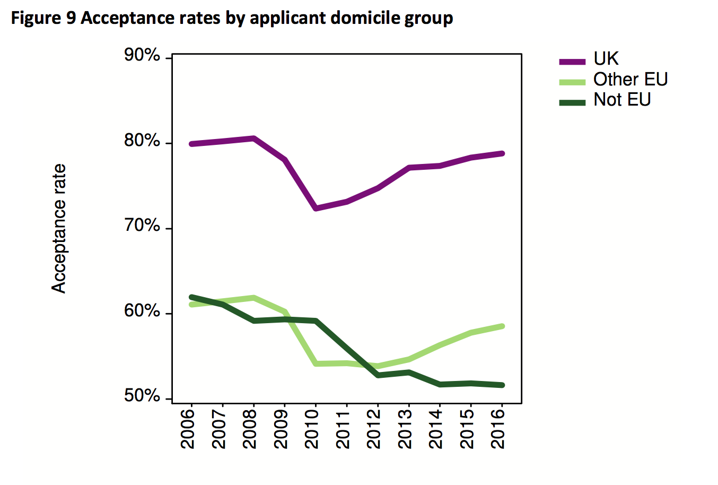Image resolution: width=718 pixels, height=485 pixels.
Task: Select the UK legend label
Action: [x=606, y=59]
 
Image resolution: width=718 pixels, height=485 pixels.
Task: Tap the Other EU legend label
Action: [x=630, y=80]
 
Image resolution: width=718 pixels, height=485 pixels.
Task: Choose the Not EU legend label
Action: [x=621, y=100]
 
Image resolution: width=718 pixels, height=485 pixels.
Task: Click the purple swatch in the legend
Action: [x=572, y=61]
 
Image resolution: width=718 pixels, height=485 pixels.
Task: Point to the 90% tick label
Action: [x=142, y=56]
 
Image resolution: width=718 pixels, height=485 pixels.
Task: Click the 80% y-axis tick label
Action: [x=142, y=141]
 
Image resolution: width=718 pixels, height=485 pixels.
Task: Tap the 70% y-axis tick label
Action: [x=142, y=227]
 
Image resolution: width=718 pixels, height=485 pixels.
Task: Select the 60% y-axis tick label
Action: [x=142, y=311]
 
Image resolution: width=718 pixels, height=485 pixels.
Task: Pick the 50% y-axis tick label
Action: [x=142, y=396]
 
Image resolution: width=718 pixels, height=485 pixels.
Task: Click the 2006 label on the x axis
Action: [x=189, y=428]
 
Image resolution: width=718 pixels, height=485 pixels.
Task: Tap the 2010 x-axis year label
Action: [x=314, y=428]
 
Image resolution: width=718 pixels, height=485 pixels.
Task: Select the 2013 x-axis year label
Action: [x=407, y=428]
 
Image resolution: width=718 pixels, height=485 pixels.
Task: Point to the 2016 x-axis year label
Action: [x=500, y=428]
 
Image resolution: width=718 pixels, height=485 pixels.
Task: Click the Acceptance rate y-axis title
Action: [x=59, y=228]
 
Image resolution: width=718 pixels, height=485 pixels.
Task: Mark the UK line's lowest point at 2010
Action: [x=316, y=209]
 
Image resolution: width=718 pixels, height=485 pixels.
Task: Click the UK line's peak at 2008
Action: [x=254, y=138]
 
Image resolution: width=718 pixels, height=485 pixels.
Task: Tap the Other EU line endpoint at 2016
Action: [x=502, y=326]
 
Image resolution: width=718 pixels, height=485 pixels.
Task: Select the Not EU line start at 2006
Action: [x=191, y=297]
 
